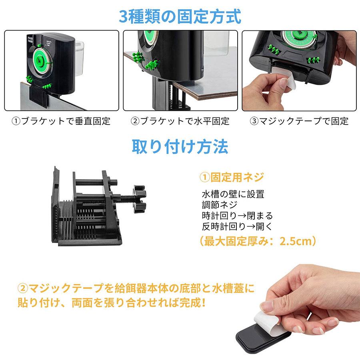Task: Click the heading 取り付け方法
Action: tap(180, 146)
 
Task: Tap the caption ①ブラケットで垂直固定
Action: tap(61, 120)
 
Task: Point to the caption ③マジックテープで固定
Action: tap(299, 120)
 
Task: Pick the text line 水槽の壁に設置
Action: tap(233, 195)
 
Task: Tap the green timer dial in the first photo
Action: tap(41, 59)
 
